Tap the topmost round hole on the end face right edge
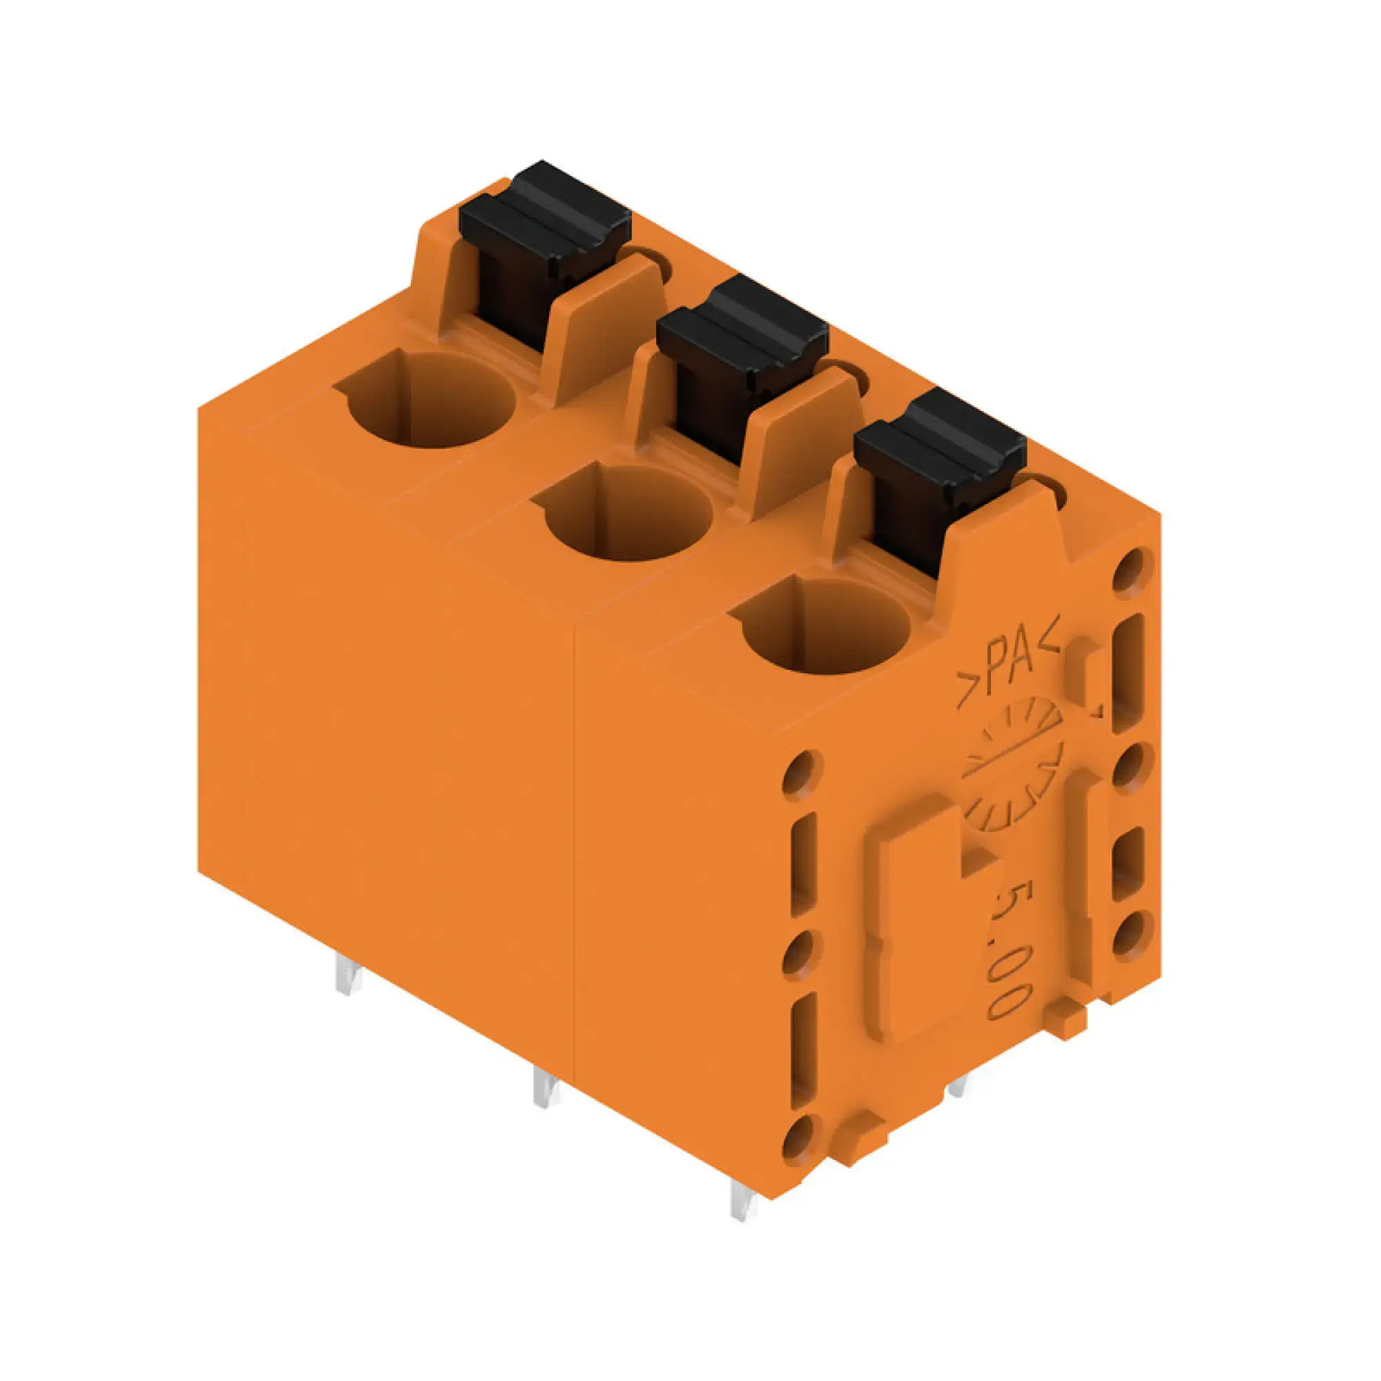pyautogui.click(x=1133, y=572)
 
